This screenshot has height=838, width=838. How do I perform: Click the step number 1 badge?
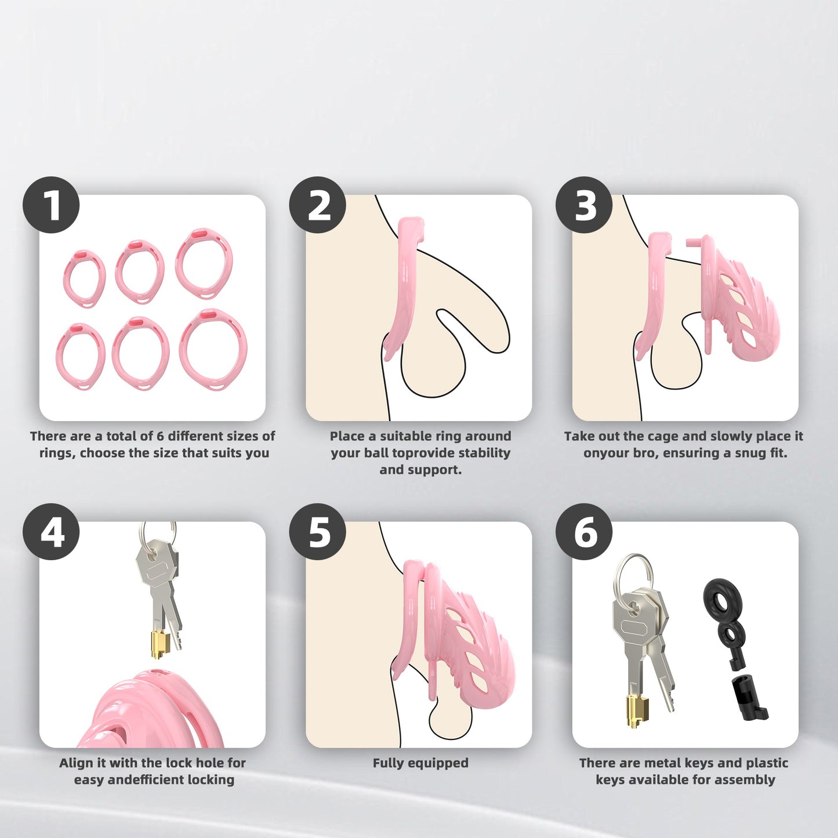click(x=51, y=204)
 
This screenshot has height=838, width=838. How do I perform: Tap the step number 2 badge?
click(x=318, y=204)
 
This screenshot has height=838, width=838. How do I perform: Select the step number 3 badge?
click(x=585, y=204)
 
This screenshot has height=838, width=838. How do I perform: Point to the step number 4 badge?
click(x=51, y=531)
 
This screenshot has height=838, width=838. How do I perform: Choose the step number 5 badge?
click(x=318, y=531)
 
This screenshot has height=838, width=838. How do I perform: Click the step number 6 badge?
click(x=585, y=531)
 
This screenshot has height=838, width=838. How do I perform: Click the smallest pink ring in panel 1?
click(x=84, y=279)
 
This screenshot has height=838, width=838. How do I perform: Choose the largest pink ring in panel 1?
click(x=213, y=350)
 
